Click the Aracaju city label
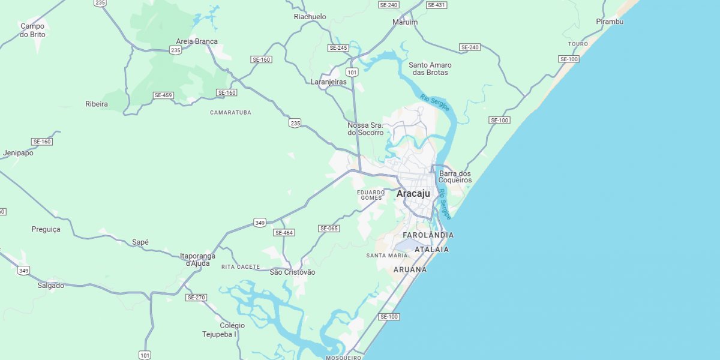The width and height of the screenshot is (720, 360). click(413, 194)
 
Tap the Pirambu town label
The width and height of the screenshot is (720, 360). click(610, 22)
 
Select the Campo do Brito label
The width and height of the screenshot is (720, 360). click(32, 30)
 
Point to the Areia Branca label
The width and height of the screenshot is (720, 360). click(197, 41)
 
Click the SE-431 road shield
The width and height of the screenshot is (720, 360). click(436, 5)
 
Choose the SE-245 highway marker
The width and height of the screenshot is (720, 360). click(338, 47)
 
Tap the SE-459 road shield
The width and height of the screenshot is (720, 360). click(163, 95)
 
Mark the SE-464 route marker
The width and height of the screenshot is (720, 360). click(284, 232)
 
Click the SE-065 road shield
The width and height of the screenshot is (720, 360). click(329, 228)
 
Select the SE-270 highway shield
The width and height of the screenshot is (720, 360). click(196, 297)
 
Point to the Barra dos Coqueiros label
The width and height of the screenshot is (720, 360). click(455, 177)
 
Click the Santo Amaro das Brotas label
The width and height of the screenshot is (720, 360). click(430, 68)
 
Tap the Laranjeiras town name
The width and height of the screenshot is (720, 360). click(328, 82)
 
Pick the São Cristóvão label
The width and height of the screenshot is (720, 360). click(292, 272)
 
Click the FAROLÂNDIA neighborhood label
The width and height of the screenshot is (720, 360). click(428, 235)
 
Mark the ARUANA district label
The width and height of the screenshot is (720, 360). click(410, 269)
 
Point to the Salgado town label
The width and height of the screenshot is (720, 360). click(50, 286)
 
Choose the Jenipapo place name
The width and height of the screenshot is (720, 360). click(18, 153)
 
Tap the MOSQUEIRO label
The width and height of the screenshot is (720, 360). click(343, 358)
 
